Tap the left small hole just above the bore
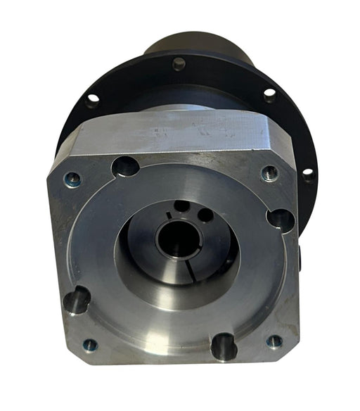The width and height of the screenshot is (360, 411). point(181,206)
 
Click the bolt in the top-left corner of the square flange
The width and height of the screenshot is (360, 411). point(72,180)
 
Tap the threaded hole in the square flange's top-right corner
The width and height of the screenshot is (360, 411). point(270,173)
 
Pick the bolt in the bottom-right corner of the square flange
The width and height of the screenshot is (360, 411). point(274,341)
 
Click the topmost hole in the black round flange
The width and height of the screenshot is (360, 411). point(179,63)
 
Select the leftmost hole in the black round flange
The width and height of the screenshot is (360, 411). point(92,100)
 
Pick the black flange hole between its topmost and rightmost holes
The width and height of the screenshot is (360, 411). point(269,94)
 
